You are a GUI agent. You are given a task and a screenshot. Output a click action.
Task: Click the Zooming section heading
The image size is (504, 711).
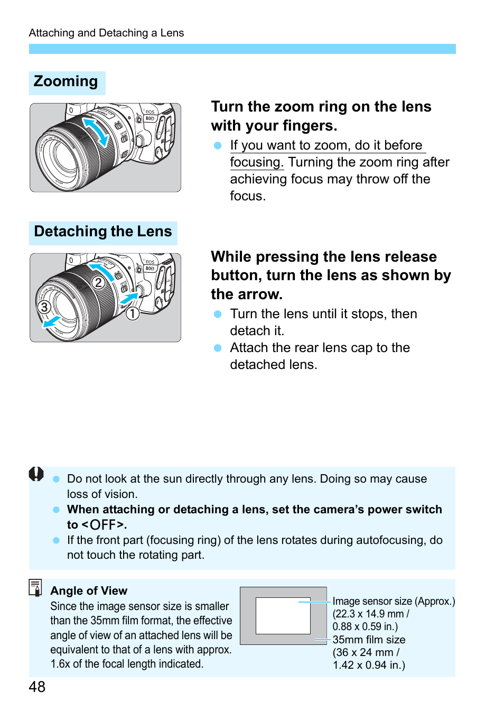coord(66,82)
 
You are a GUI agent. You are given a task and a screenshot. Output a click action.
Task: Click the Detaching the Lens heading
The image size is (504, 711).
coord(103,232)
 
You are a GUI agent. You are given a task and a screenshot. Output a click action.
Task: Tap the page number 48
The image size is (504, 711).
coord(37,687)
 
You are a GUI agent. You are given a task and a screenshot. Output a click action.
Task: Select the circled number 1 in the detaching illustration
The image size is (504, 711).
coord(132,313)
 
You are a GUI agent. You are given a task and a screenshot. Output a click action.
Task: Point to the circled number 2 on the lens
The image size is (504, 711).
coord(98,283)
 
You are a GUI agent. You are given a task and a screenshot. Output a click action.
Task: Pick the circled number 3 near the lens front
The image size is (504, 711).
coord(44,307)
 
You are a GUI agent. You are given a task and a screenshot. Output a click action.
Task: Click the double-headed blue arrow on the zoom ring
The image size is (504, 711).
coord(96,132)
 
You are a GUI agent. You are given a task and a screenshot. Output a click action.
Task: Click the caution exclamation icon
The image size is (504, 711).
coord(36,474)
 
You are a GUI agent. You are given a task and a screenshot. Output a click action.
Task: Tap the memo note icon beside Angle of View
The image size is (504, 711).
coord(35,587)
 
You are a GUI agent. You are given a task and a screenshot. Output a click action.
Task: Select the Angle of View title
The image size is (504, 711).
coord(89,591)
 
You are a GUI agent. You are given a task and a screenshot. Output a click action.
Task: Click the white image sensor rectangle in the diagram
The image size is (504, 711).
coord(283,616)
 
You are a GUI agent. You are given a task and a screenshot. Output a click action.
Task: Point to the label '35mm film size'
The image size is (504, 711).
coord(369,640)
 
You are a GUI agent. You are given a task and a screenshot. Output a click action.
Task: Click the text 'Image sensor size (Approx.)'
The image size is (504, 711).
coord(394,601)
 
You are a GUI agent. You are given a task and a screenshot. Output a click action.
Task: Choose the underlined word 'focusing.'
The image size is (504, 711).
coord(257,162)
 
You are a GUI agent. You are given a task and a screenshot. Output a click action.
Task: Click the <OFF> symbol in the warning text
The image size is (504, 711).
coord(104,525)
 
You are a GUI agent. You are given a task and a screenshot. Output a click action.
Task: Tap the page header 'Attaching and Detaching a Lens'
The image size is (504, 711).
coord(106,33)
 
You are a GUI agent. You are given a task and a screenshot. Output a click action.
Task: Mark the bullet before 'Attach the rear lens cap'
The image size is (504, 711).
coord(218,348)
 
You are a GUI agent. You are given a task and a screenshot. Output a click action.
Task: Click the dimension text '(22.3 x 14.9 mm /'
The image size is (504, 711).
coord(371,614)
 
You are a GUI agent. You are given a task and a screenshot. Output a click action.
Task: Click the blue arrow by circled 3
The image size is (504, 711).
coord(51,321)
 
